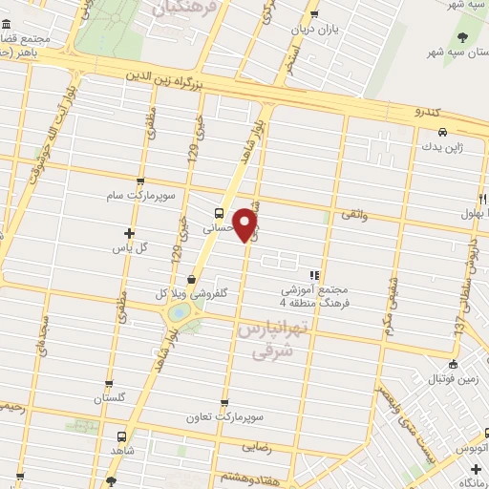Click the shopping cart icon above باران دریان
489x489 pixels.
pyautogui.click(x=314, y=14)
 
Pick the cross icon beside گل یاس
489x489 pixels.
pyautogui.click(x=130, y=232)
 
